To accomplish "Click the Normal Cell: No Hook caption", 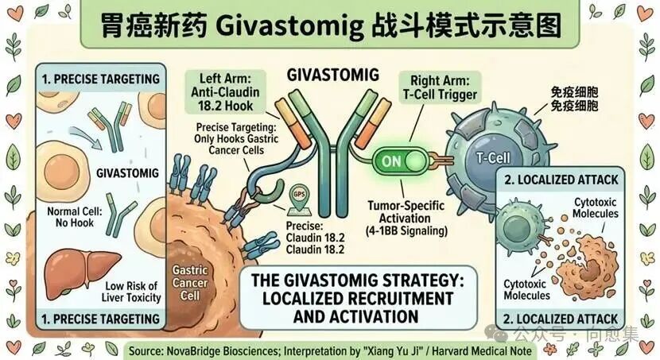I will click(x=70, y=217).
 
